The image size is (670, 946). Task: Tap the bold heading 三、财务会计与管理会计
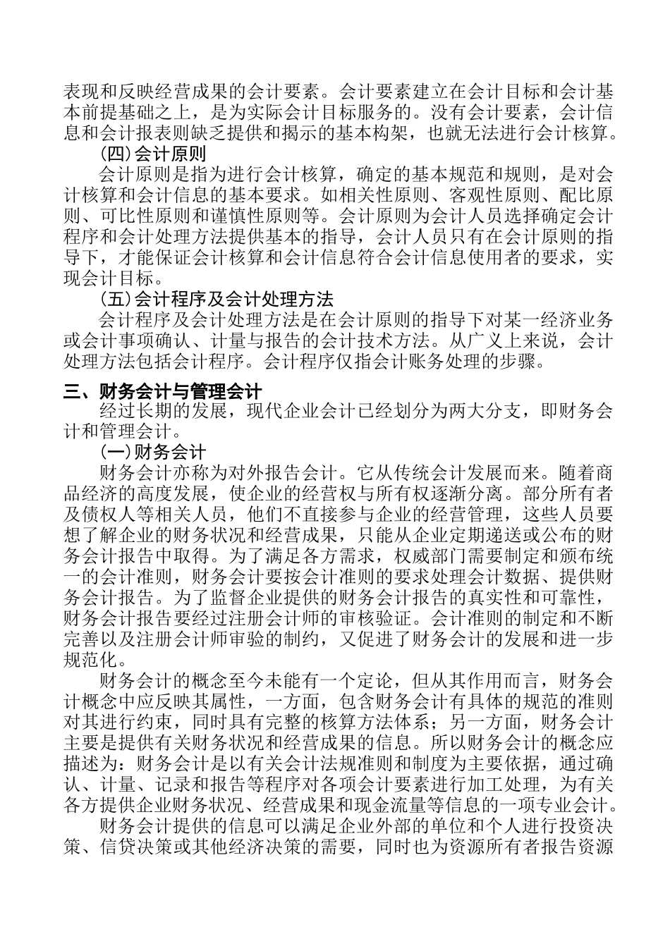(x=163, y=391)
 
